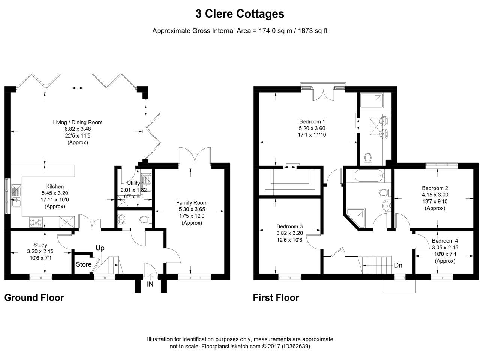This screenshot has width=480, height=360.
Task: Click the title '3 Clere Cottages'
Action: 240,14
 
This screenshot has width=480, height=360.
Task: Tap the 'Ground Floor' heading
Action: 34,298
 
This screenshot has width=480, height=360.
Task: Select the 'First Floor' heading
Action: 276,298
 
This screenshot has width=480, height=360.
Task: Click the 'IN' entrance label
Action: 150,284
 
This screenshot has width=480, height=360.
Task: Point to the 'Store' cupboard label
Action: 84,264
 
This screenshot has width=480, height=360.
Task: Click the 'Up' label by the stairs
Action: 100,248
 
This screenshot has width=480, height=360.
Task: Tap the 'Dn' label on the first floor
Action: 398,265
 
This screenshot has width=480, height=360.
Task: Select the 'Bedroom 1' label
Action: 312,121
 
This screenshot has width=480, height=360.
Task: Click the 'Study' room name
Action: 40,244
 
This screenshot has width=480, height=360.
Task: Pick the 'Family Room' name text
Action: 192,203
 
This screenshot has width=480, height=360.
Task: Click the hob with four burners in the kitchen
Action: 36,222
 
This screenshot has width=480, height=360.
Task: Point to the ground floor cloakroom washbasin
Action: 121,219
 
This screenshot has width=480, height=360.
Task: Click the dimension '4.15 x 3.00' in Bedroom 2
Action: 435,195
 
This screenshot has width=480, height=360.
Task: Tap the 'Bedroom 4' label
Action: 445,241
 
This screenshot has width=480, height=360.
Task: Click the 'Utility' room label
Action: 133,183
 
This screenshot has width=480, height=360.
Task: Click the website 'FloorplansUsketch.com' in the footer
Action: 231,346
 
